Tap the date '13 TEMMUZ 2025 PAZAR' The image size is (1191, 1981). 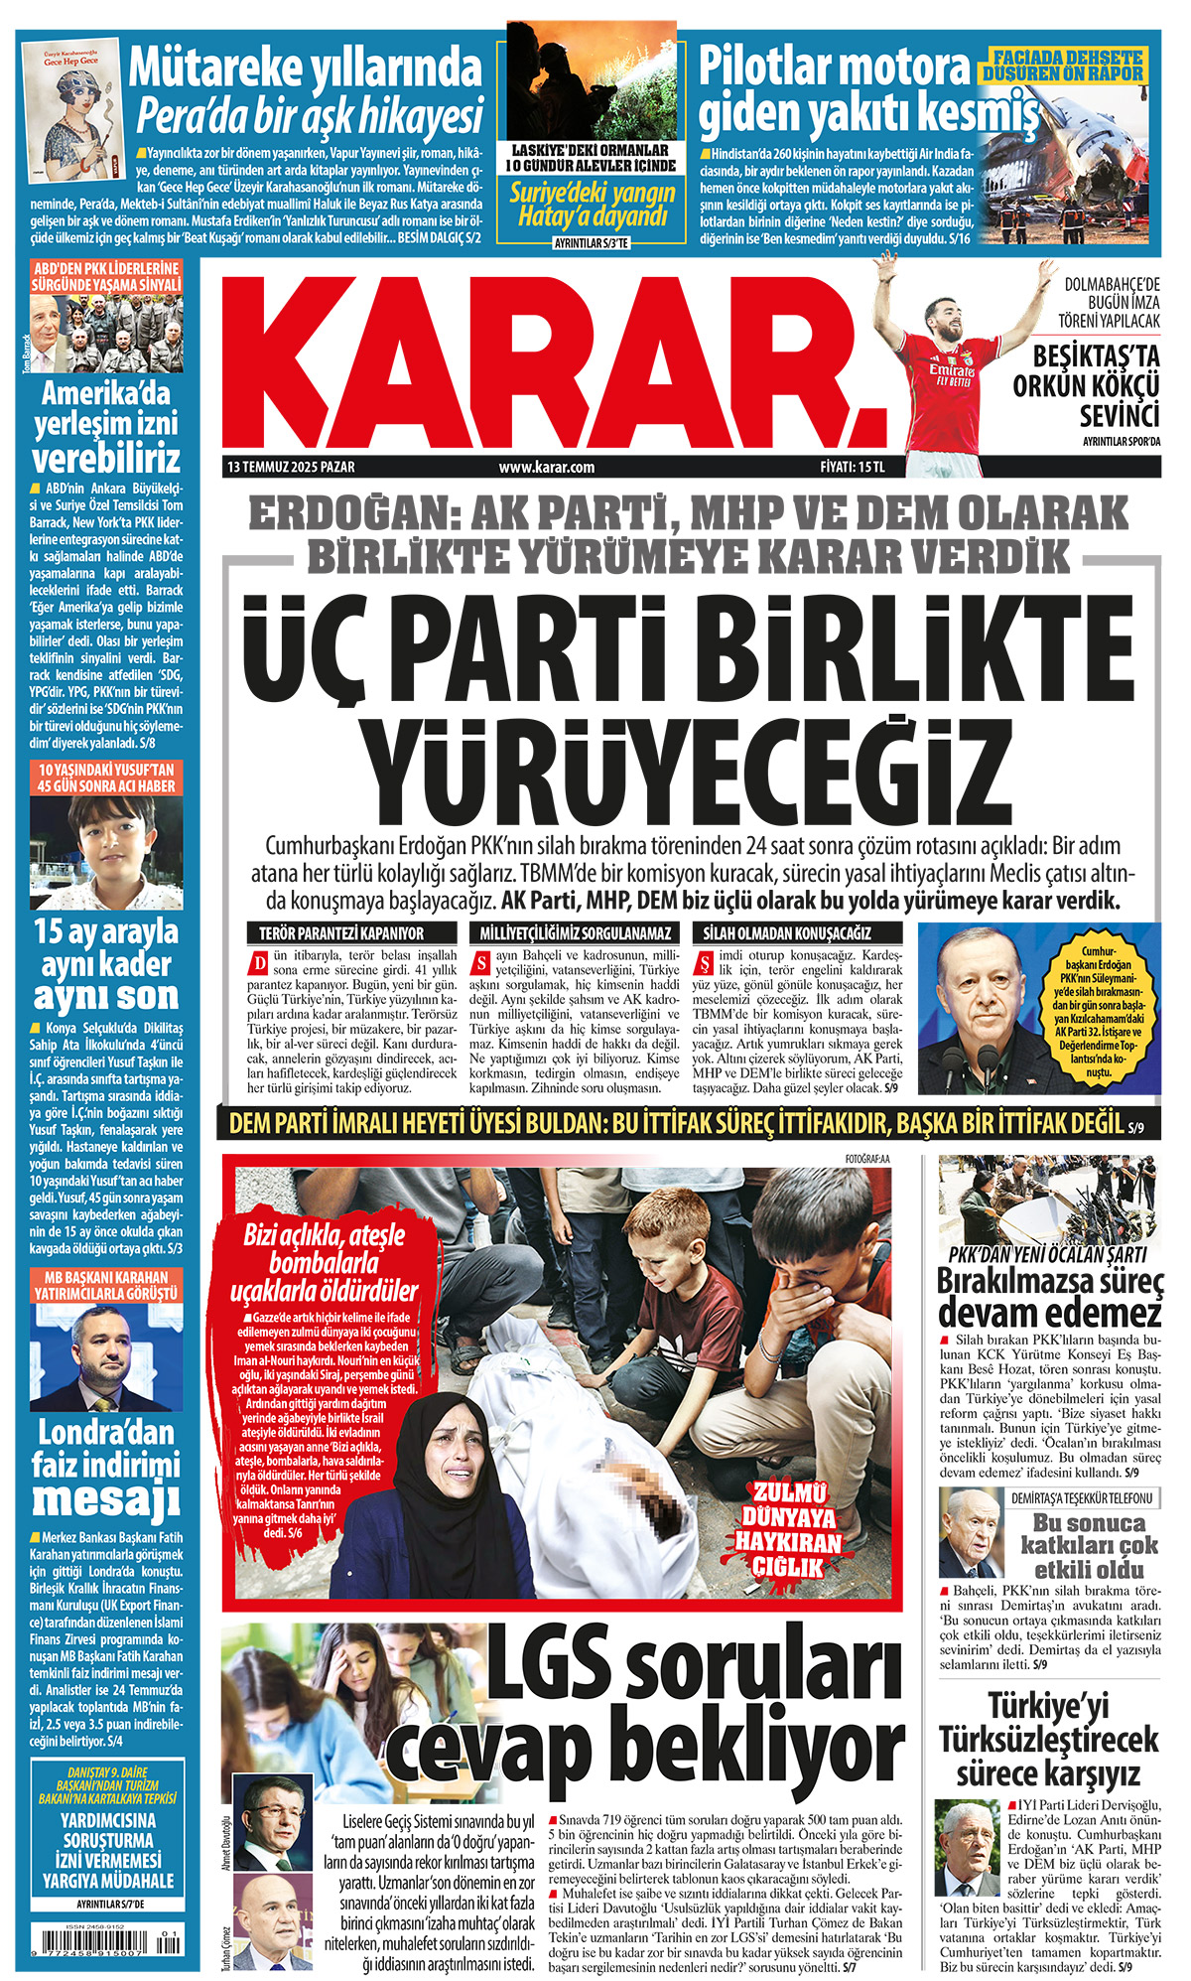pyautogui.click(x=291, y=467)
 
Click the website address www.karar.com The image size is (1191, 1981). pyautogui.click(x=546, y=467)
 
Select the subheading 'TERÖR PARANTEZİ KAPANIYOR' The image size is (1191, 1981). pyautogui.click(x=340, y=933)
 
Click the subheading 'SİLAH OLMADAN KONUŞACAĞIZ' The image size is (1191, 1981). pyautogui.click(x=787, y=933)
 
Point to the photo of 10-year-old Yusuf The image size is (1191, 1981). pyautogui.click(x=106, y=854)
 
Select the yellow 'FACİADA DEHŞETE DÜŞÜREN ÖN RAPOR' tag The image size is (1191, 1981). pyautogui.click(x=1063, y=66)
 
